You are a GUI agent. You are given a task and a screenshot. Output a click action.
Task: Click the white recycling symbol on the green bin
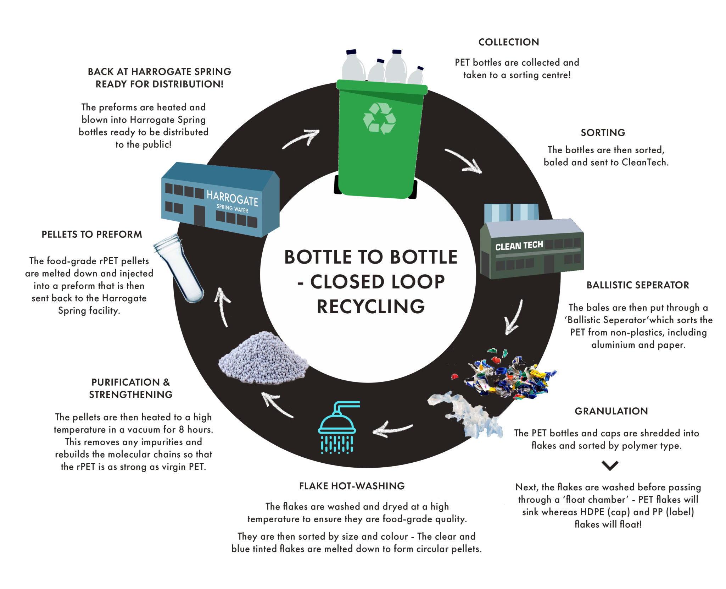379,119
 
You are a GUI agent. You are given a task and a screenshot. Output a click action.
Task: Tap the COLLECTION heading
508,42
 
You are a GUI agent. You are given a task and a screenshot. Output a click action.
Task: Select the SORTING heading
603,133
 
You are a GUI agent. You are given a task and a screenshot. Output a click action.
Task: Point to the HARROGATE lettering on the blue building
232,198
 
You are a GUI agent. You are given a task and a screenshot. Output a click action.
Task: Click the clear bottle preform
179,268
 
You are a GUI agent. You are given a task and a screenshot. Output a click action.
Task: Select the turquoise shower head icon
337,428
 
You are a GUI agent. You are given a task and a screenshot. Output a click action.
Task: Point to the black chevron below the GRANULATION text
610,465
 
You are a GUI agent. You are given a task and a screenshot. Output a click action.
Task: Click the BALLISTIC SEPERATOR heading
637,285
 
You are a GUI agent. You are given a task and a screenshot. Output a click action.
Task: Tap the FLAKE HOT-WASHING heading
352,486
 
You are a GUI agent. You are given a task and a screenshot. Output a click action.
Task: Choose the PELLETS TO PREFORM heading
92,235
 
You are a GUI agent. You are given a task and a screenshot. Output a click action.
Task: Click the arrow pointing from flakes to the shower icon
392,430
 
